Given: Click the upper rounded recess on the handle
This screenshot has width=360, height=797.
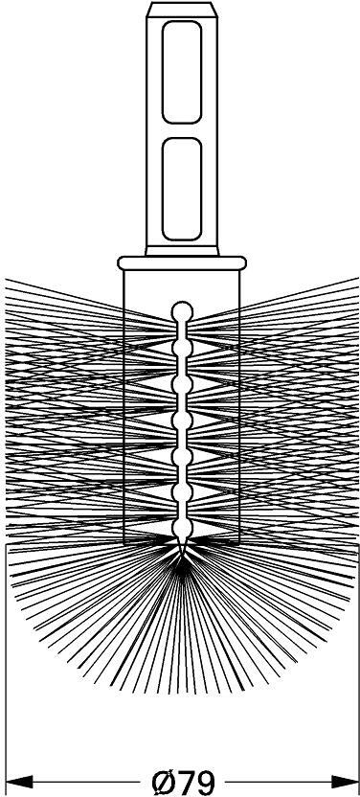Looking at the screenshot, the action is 182,72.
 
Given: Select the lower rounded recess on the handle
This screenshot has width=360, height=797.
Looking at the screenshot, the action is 182,189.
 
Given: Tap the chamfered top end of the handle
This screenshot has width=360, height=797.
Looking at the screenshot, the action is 182,10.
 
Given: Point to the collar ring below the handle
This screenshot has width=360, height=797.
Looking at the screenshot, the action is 182,262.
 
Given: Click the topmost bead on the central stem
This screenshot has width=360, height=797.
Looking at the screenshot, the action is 182,311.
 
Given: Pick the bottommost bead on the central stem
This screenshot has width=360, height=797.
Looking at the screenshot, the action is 182,529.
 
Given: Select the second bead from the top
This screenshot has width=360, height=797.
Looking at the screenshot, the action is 182,348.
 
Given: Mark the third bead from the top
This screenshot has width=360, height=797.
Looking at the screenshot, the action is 182,384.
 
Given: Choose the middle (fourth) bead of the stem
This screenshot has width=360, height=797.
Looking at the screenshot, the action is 182,421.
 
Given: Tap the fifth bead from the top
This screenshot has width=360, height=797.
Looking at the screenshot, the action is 182,456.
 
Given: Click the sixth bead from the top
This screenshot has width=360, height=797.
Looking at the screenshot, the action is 182,492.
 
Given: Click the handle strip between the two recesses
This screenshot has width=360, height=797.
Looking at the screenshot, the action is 182,130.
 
